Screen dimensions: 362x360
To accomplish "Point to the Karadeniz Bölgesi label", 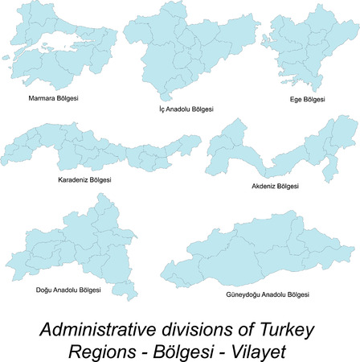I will [85, 179].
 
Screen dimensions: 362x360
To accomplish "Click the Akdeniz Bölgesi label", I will [276, 186].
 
